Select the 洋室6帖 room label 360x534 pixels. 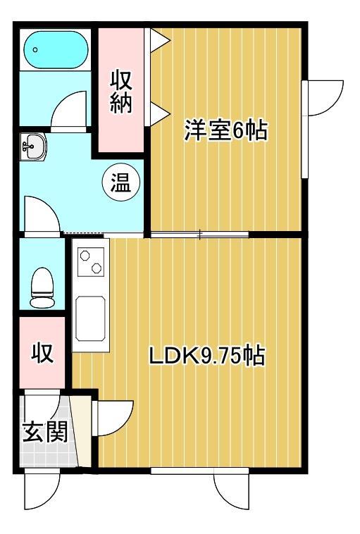click(x=225, y=131)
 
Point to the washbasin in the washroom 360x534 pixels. click(x=32, y=147)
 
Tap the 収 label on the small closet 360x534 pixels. click(x=42, y=353)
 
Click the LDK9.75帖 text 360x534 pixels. click(x=206, y=356)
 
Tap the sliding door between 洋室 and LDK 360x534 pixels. click(x=199, y=235)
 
